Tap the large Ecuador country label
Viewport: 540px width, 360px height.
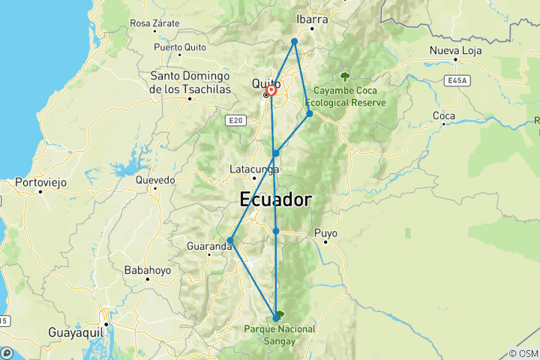point(275,200)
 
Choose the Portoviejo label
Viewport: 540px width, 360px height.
point(42,182)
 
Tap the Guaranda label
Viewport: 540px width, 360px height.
point(208,244)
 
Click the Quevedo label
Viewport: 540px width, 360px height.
point(155,180)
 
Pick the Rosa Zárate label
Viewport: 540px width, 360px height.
point(154,23)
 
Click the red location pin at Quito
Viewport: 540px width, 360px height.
point(271,91)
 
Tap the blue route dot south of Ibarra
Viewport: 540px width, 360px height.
point(295,41)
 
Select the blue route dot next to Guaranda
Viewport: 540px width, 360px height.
point(230,241)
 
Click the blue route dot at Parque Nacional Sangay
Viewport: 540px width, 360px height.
point(276,319)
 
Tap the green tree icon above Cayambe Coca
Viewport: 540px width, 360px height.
point(345,76)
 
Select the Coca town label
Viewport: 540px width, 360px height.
point(444,115)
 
